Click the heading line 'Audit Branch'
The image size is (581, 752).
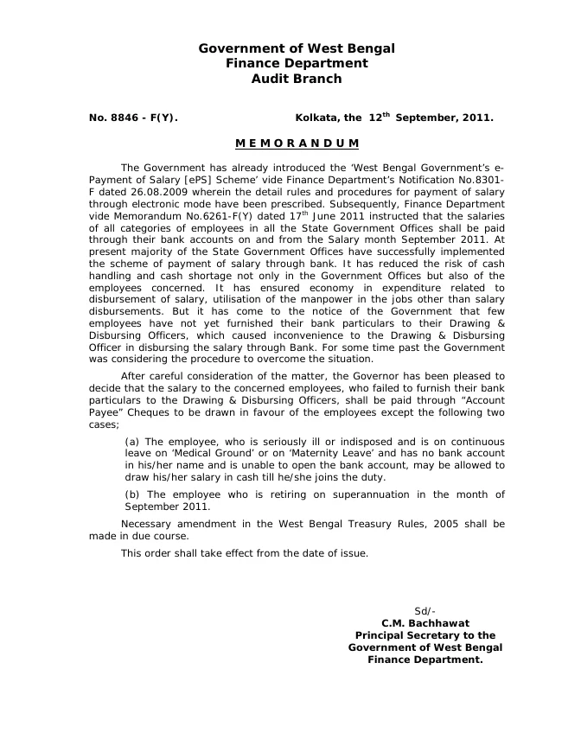tap(297, 79)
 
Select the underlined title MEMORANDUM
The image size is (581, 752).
tap(297, 143)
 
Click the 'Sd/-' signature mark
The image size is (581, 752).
tap(425, 610)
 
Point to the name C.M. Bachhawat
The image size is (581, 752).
tap(425, 622)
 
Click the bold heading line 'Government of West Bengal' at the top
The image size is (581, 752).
tap(297, 49)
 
